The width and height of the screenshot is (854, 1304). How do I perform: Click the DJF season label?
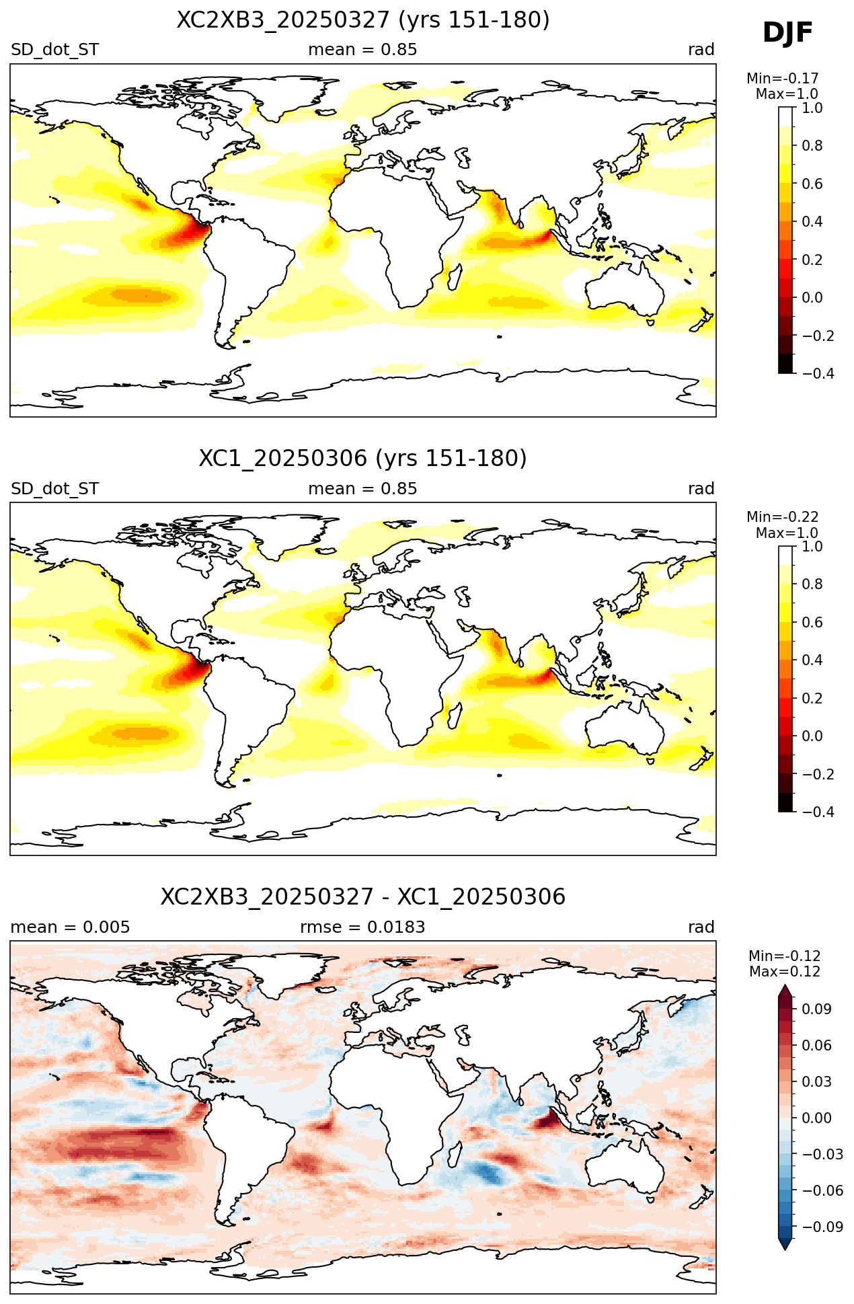[787, 33]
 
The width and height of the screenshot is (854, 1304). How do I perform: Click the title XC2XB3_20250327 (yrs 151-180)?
[363, 20]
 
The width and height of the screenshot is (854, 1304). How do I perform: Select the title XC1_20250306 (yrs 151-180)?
[363, 459]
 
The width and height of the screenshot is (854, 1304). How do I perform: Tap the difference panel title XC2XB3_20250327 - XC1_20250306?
[363, 897]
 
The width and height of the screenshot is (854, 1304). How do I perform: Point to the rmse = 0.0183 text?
[362, 927]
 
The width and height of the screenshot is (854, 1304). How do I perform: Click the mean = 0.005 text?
[70, 927]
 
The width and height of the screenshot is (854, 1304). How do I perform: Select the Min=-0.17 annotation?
[783, 79]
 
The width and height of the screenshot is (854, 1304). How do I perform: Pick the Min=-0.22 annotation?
[783, 517]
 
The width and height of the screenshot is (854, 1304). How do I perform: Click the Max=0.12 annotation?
[785, 972]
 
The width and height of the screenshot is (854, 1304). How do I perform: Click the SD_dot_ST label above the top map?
[54, 50]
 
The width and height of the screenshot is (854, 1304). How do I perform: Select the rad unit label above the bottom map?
[701, 927]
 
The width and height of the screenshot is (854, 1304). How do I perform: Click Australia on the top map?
[623, 289]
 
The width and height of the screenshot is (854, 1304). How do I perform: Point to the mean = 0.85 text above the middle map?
[362, 489]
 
